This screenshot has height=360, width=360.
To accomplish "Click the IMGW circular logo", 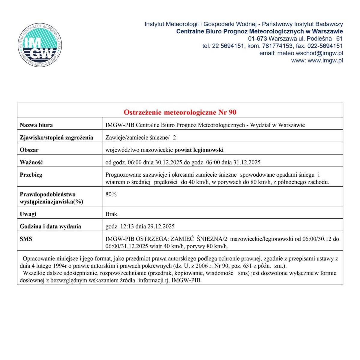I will [40, 45].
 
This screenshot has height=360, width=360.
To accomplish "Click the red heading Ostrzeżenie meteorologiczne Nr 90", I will [180, 112].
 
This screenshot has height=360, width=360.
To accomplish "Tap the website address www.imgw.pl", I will [325, 60].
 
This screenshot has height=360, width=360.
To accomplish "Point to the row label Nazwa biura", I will [36, 125].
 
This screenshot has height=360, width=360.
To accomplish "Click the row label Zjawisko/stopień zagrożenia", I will [56, 137].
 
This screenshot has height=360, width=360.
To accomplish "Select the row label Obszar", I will [29, 150].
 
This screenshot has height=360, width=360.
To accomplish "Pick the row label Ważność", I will [31, 162].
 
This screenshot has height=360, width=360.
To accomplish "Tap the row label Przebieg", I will [31, 175].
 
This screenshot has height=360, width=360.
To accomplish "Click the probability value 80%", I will [111, 194].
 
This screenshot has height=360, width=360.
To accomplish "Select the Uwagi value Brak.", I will [112, 214].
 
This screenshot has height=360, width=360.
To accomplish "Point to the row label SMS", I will [26, 239].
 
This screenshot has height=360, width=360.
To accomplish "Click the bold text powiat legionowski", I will [199, 150].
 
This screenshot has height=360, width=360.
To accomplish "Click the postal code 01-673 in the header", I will [258, 39].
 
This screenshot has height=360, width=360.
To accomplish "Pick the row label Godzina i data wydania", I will [50, 226].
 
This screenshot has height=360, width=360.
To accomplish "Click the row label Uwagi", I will [28, 214].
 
